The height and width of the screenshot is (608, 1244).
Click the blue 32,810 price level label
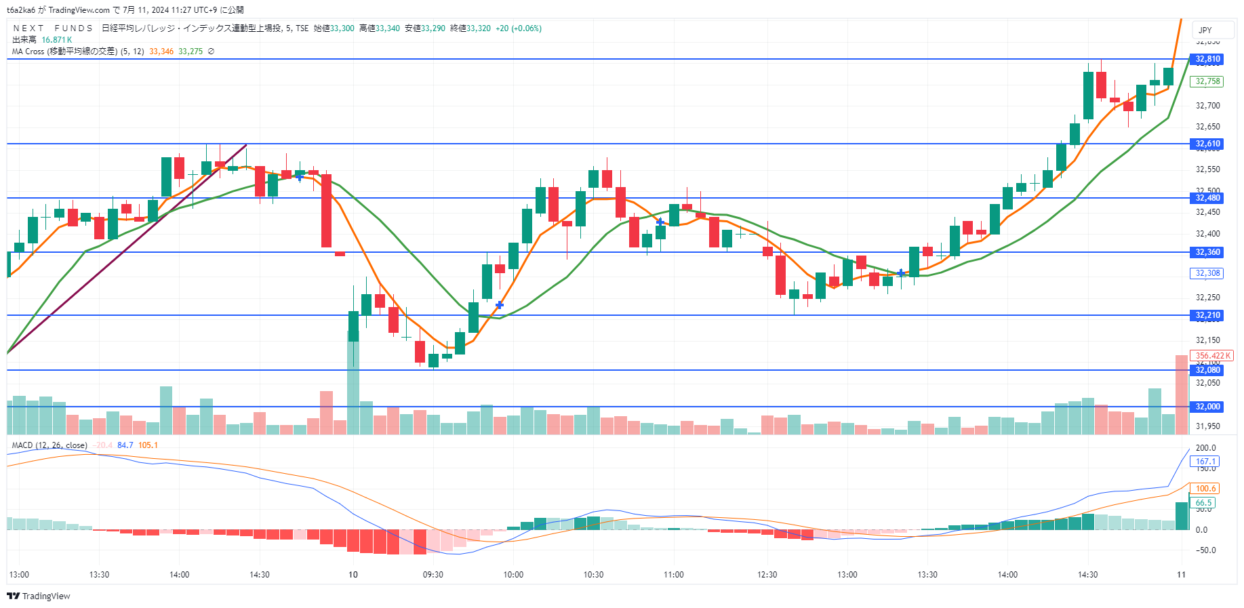click(1207, 59)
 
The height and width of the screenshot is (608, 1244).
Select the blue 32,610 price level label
click(1207, 144)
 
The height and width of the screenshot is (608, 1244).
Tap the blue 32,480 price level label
click(1207, 198)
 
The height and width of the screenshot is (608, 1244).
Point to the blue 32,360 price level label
click(1207, 252)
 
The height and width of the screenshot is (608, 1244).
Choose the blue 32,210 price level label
click(1207, 315)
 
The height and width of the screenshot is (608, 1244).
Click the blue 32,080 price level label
click(1207, 370)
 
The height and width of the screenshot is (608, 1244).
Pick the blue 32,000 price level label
click(1207, 407)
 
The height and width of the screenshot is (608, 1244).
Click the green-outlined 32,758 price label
click(1207, 81)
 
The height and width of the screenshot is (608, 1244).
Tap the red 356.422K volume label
click(1212, 356)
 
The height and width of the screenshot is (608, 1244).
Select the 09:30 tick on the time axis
click(433, 575)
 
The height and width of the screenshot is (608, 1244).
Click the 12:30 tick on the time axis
click(767, 575)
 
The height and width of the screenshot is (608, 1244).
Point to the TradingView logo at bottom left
click(39, 596)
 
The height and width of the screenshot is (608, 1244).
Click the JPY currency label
click(1205, 30)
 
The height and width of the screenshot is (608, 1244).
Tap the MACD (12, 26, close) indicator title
click(49, 445)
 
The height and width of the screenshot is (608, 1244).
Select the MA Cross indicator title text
click(78, 52)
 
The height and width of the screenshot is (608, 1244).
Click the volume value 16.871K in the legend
click(56, 40)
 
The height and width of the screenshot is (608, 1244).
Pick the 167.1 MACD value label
click(1205, 462)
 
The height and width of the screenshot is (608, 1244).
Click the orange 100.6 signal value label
click(1205, 489)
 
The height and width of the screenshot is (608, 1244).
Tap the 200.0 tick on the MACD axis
click(1205, 448)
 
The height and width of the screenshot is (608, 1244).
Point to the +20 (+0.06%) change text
click(518, 28)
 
